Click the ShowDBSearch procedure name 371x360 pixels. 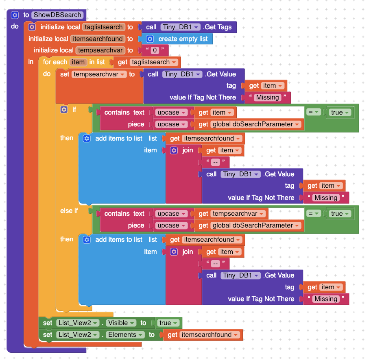[x=57, y=15]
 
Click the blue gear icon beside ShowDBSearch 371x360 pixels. [x=15, y=15]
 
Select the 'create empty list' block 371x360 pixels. [x=177, y=39]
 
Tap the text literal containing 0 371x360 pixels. [x=155, y=50]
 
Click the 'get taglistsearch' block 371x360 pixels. [x=147, y=62]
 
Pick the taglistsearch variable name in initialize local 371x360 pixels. [x=104, y=27]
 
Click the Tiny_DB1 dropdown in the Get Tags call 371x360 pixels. [x=180, y=27]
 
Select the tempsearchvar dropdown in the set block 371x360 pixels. [x=99, y=74]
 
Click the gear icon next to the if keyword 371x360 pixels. [x=64, y=110]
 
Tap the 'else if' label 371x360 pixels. [x=69, y=210]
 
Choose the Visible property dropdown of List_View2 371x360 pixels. [x=121, y=323]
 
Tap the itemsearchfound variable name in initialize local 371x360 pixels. [x=98, y=39]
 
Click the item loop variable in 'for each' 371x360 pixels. [x=78, y=62]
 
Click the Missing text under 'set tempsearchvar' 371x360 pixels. [x=267, y=98]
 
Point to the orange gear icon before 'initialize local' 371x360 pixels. [x=32, y=27]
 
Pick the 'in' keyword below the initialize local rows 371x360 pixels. [x=31, y=62]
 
